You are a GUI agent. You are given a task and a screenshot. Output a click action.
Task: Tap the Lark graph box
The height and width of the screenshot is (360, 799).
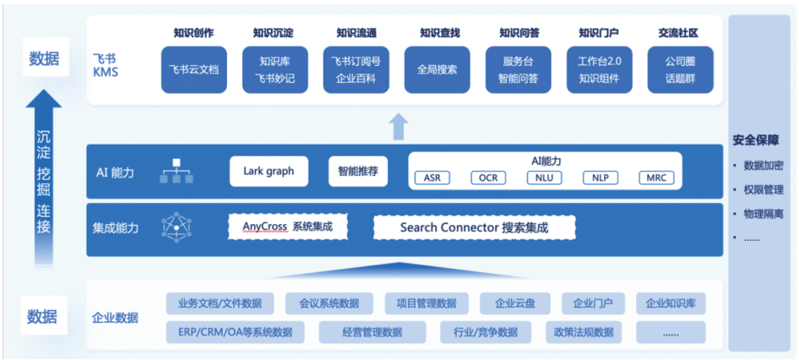point(269,171)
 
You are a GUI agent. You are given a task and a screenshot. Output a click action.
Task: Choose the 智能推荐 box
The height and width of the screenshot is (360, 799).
point(357,171)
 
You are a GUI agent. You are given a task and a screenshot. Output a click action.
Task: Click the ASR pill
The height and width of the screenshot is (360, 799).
point(432,178)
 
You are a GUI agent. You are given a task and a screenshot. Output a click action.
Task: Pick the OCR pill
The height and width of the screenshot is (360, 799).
point(488,178)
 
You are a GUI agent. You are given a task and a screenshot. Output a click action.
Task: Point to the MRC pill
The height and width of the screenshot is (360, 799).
point(656,178)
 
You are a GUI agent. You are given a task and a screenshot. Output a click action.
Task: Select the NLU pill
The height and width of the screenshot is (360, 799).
point(544,178)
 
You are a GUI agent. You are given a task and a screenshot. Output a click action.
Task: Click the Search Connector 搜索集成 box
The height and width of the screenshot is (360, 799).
point(474,227)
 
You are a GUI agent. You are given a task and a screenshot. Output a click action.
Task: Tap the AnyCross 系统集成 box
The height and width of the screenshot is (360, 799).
point(287,226)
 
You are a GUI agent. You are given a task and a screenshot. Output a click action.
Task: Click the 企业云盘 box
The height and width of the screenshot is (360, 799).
point(515,303)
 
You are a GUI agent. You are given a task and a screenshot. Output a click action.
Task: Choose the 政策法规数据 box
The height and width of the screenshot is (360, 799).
point(584,332)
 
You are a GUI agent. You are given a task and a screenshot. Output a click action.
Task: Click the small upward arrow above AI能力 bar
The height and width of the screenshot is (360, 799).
point(398,128)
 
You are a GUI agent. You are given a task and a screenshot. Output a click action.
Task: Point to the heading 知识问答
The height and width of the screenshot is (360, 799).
point(519,33)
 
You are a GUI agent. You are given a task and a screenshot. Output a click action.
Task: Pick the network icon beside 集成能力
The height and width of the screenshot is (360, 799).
point(175,226)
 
